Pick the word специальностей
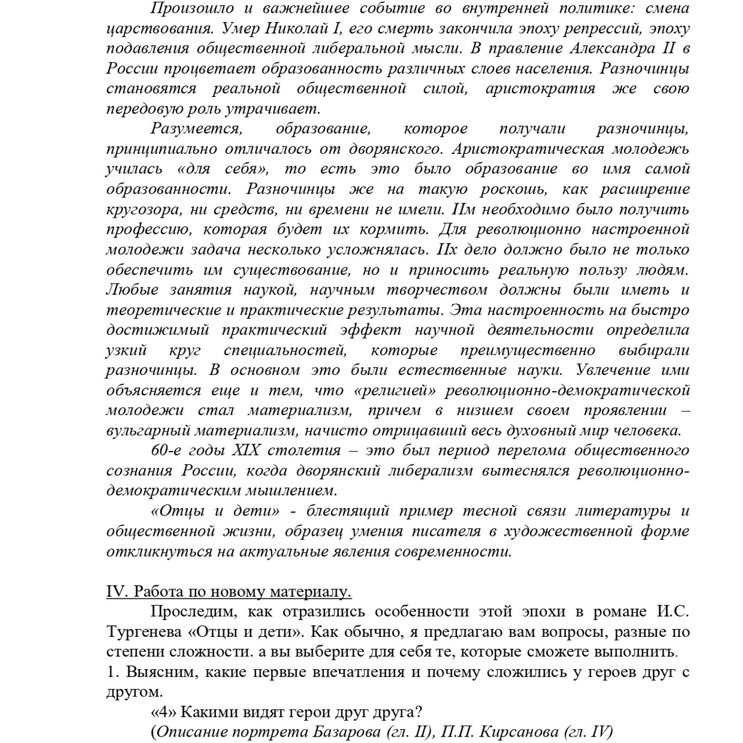285,351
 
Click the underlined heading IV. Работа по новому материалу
229,592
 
